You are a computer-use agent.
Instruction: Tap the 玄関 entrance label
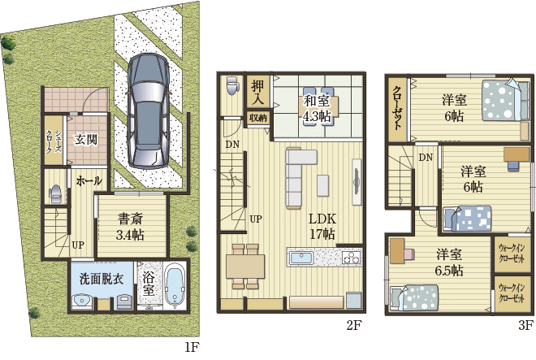tap(87, 139)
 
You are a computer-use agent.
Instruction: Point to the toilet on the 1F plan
tap(55, 193)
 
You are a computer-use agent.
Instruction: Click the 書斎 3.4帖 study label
tap(130, 227)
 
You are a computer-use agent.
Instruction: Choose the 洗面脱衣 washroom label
tap(102, 278)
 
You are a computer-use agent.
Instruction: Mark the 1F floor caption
tap(191, 348)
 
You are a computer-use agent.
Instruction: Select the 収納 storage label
tap(258, 118)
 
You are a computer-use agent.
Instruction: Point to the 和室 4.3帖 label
tap(316, 109)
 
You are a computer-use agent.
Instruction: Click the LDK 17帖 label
tap(322, 227)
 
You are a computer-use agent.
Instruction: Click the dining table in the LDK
tap(244, 266)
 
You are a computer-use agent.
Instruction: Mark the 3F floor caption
tap(525, 326)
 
